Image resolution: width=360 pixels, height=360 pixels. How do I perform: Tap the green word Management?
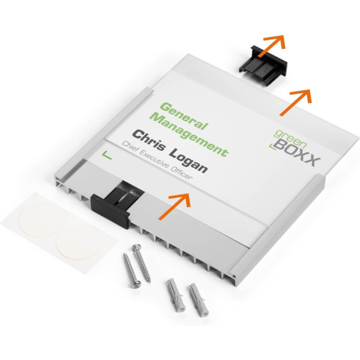coord(189,134)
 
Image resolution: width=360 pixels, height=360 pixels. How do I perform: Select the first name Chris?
coord(149,140)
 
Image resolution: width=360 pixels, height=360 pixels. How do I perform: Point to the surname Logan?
coord(188,160)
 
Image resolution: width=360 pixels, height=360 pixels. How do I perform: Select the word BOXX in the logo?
coord(296,153)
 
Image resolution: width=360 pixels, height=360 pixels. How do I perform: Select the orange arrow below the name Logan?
coord(175,206)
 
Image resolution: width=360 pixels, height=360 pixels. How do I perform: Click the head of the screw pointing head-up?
coord(136,247)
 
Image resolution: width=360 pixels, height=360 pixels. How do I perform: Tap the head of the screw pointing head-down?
coord(136,284)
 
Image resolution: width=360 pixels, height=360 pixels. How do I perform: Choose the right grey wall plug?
coord(199,300)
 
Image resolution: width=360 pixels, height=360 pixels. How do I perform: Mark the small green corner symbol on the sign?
coord(106,155)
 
